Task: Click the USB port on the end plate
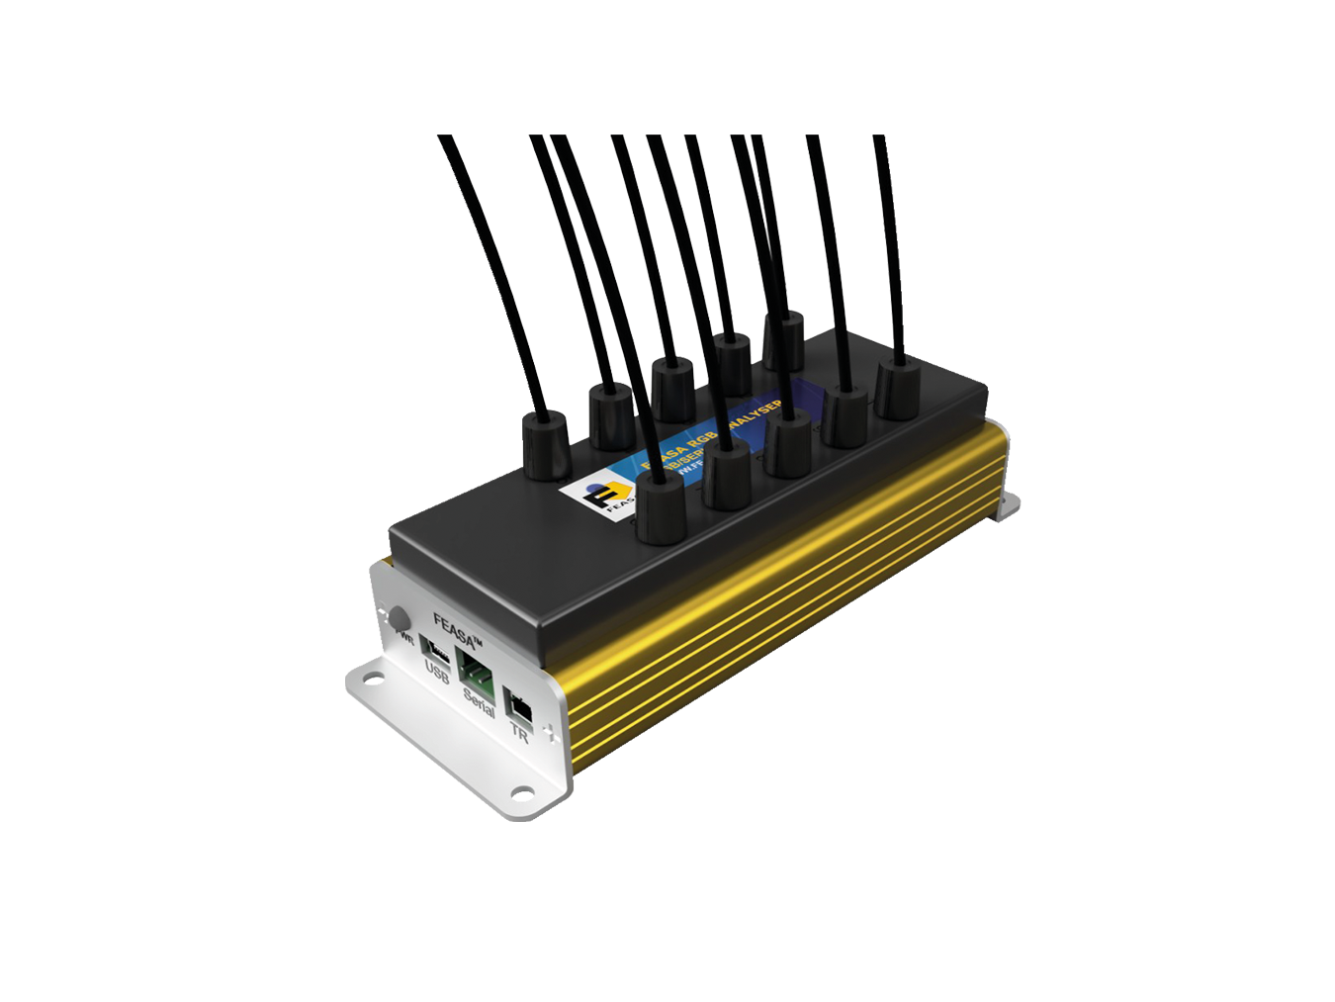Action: (434, 648)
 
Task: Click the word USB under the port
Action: (437, 675)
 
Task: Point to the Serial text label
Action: (479, 702)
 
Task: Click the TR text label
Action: (519, 734)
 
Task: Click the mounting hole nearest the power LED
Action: (372, 679)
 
